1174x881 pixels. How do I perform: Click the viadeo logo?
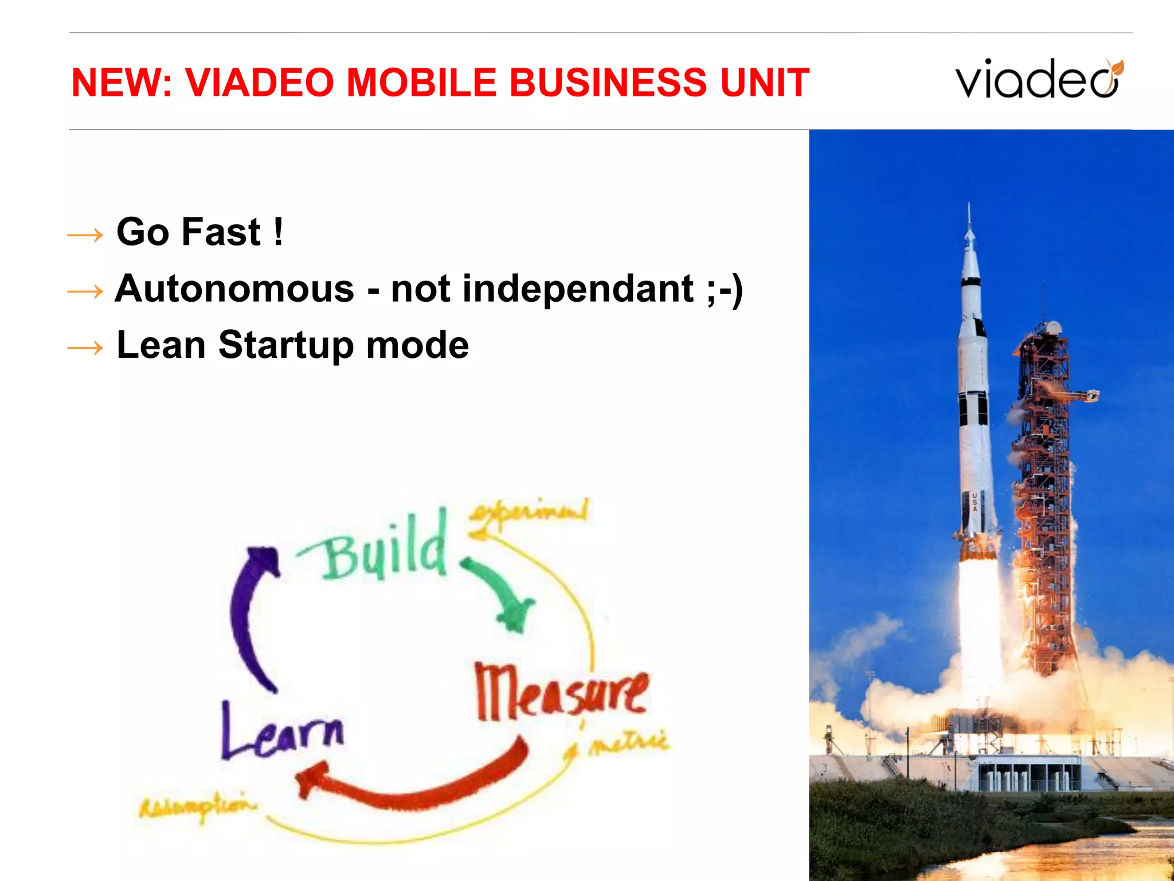point(1038,79)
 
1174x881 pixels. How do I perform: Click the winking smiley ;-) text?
point(725,289)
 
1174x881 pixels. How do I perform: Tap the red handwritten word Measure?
point(561,693)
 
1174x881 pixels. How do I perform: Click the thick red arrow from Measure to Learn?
point(413,786)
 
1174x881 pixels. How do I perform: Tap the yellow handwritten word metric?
point(629,743)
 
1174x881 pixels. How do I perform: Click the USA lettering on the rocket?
point(974,501)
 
